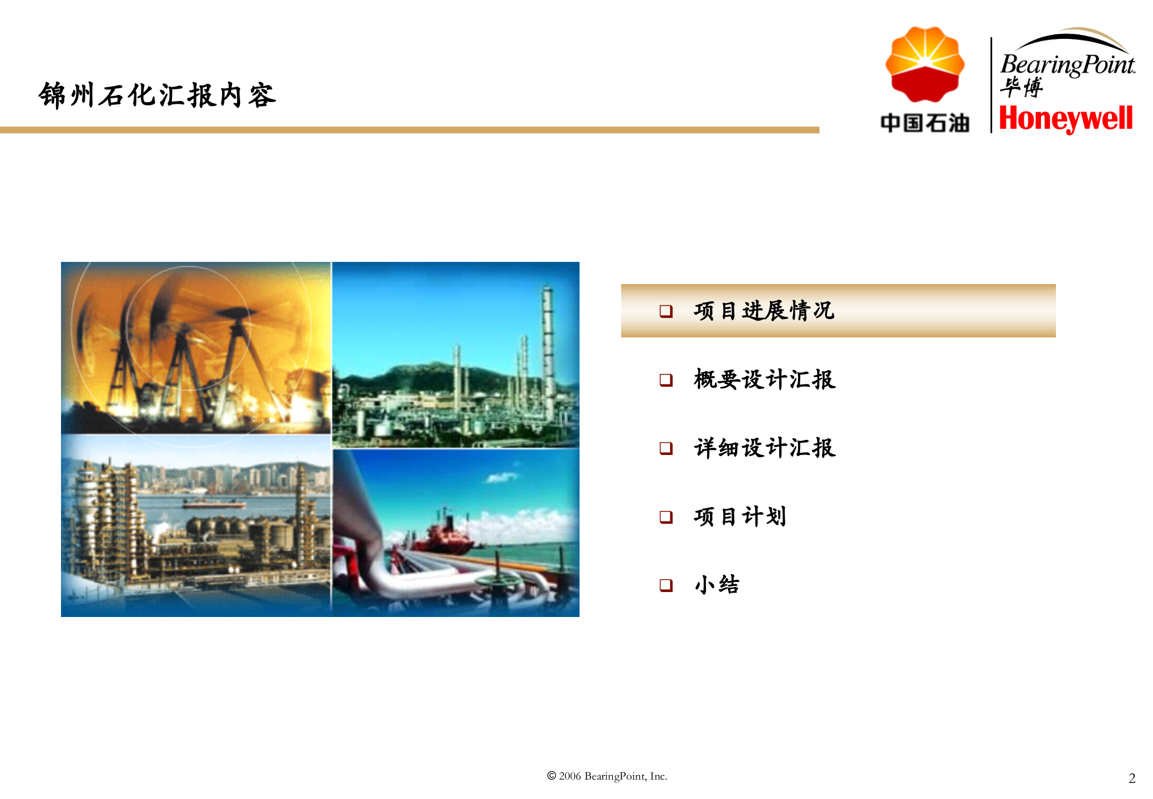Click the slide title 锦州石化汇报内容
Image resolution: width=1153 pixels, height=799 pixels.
click(x=157, y=95)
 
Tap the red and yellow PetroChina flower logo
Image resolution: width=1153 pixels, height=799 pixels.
click(x=925, y=64)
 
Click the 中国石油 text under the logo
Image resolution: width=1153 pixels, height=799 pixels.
click(x=925, y=123)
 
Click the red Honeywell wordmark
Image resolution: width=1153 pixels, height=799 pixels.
click(x=1065, y=119)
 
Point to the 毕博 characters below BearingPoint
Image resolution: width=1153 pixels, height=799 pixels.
click(x=1021, y=87)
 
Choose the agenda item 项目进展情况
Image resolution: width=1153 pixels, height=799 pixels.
click(x=764, y=311)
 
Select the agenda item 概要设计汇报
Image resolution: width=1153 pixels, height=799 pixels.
click(x=764, y=380)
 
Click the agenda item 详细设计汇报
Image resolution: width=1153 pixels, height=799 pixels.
click(x=764, y=448)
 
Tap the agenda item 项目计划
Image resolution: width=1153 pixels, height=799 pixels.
click(x=740, y=517)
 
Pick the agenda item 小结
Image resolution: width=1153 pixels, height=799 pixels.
click(x=717, y=585)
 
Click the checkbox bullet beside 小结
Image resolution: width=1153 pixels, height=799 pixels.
click(x=666, y=585)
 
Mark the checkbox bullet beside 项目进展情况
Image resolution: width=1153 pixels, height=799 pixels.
click(x=666, y=311)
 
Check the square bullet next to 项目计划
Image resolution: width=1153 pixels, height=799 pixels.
click(x=666, y=517)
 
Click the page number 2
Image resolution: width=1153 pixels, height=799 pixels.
click(x=1132, y=778)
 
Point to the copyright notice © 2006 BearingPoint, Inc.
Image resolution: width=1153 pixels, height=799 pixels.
click(x=607, y=776)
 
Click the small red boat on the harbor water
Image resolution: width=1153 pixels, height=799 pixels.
click(x=214, y=504)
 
